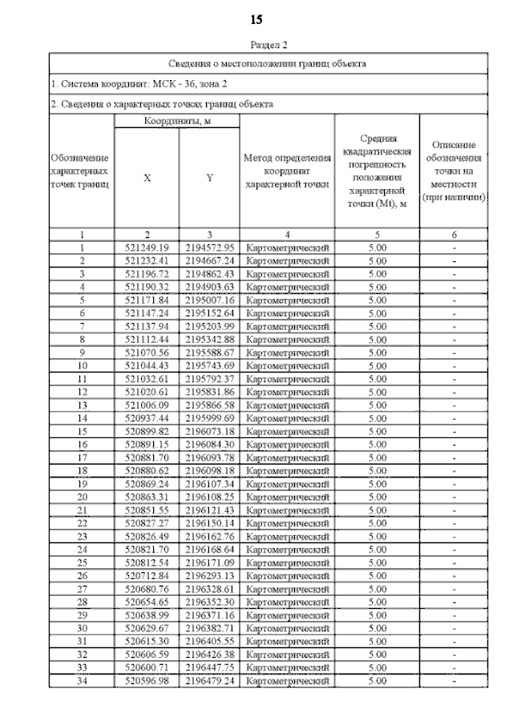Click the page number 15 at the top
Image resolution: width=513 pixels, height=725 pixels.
pyautogui.click(x=256, y=19)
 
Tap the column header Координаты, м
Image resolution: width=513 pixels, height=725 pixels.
pyautogui.click(x=177, y=120)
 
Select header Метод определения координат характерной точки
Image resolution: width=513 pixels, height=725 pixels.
pyautogui.click(x=287, y=171)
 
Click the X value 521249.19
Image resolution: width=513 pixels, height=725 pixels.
pyautogui.click(x=147, y=248)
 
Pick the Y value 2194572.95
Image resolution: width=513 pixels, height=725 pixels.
pyautogui.click(x=209, y=248)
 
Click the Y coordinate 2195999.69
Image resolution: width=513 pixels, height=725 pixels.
pyautogui.click(x=209, y=417)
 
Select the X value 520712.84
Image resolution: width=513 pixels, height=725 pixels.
pyautogui.click(x=147, y=575)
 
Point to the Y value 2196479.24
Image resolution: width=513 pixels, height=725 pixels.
pyautogui.click(x=209, y=681)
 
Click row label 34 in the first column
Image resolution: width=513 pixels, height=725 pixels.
pyautogui.click(x=82, y=681)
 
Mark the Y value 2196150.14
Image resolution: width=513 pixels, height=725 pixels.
pyautogui.click(x=209, y=522)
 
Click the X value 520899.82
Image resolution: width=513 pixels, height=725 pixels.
pyautogui.click(x=147, y=430)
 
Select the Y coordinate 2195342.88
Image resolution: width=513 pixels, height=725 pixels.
pyautogui.click(x=209, y=339)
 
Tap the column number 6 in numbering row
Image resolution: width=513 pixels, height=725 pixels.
pyautogui.click(x=454, y=235)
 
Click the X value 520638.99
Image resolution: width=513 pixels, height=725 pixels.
pyautogui.click(x=147, y=614)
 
